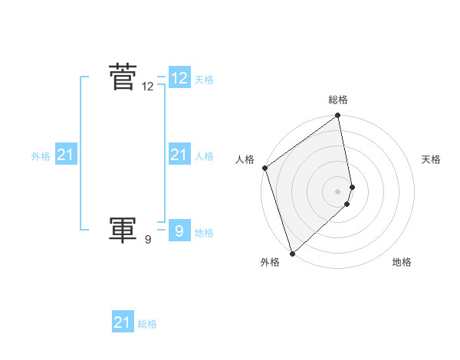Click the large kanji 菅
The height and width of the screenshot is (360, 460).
(x=123, y=77)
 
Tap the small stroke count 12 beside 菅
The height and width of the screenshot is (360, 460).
(x=148, y=87)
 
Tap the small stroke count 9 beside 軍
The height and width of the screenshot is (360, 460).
(x=148, y=240)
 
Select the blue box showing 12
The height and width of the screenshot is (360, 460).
(x=179, y=77)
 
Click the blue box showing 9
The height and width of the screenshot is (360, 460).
(x=179, y=230)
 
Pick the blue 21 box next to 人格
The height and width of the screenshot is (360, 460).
(x=179, y=155)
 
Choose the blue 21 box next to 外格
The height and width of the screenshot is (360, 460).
(x=65, y=155)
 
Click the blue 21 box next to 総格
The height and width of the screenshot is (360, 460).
(x=123, y=322)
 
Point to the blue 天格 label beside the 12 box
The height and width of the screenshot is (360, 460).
(x=204, y=80)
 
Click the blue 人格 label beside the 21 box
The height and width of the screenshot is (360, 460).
(x=204, y=156)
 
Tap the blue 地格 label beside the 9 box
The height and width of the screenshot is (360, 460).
(x=204, y=233)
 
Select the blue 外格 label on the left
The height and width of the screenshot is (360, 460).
(x=41, y=156)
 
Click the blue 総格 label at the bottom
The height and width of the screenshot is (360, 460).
(x=147, y=324)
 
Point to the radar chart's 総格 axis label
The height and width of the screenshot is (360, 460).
(x=338, y=100)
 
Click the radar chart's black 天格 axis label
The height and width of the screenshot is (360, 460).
(x=431, y=159)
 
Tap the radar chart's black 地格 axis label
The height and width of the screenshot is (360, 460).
(x=402, y=262)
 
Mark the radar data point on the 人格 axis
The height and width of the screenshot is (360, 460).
(x=264, y=168)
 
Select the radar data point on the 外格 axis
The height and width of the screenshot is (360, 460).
(x=292, y=254)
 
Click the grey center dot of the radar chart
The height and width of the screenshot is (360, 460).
(x=338, y=191)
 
